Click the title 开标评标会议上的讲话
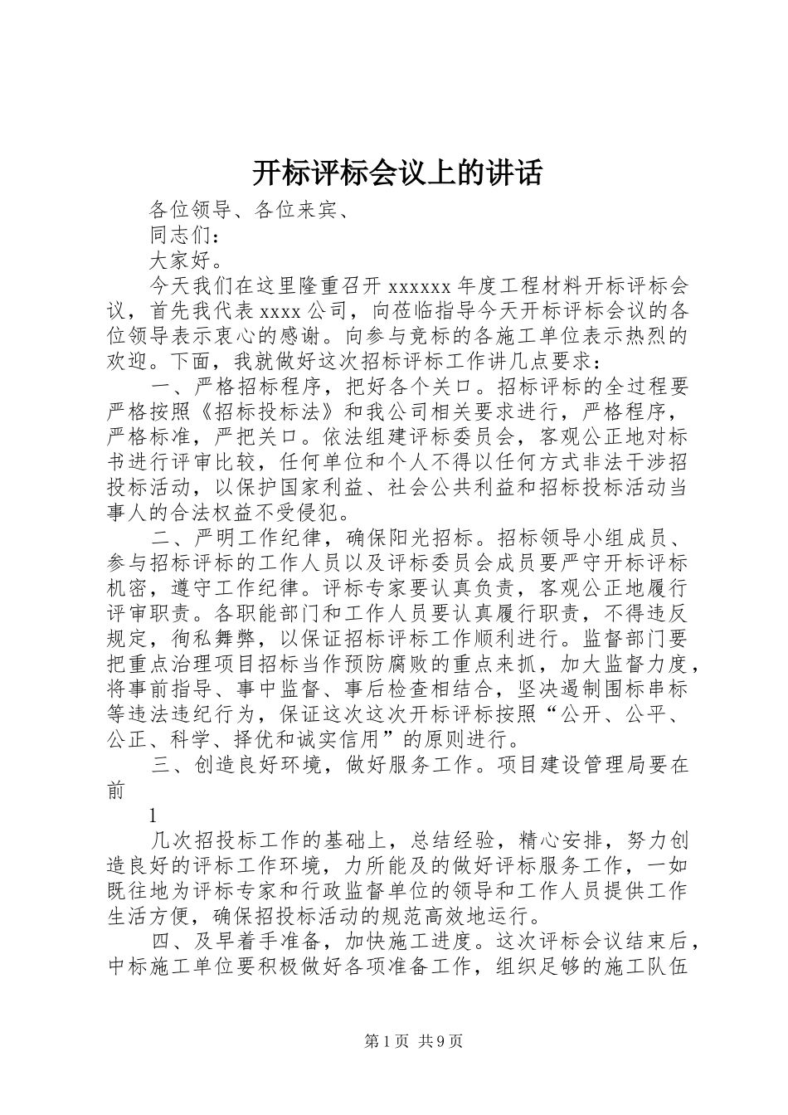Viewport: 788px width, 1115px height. pos(396,174)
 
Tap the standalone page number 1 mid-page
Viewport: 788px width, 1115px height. pos(153,815)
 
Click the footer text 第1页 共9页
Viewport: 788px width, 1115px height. pos(413,1041)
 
